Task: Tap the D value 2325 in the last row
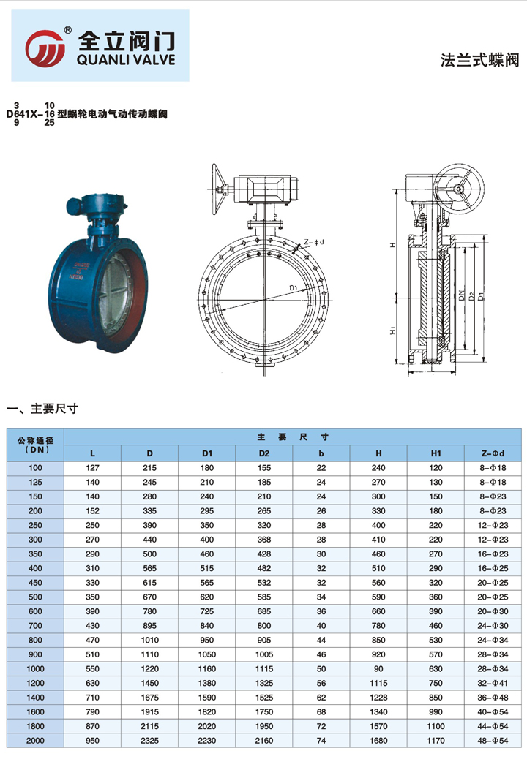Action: point(149,741)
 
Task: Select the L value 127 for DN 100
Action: point(92,467)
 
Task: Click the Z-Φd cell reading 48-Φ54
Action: point(493,741)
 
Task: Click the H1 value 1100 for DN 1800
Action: point(436,728)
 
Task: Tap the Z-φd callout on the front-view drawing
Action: point(313,242)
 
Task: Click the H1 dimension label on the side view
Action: point(393,331)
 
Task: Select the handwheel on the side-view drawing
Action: point(459,190)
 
